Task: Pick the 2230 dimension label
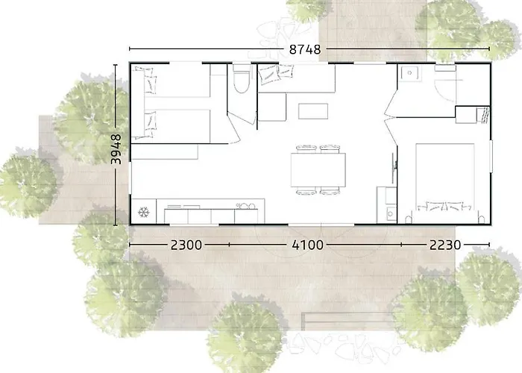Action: (x=444, y=244)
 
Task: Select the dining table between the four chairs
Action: (x=319, y=170)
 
